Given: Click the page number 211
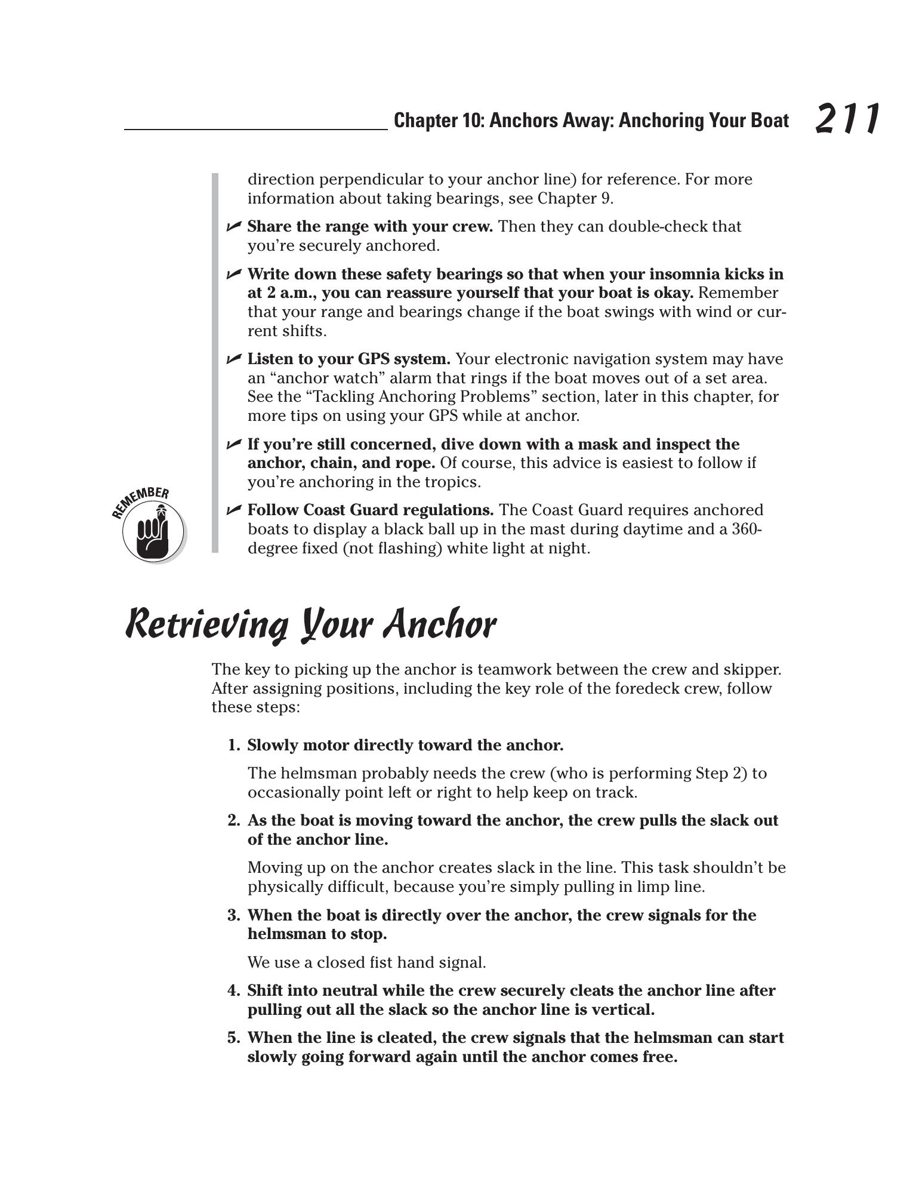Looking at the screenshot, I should point(846,119).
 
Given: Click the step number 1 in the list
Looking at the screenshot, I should point(232,746).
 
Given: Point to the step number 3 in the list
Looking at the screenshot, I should point(232,915).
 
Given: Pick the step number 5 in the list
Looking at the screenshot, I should point(232,1038).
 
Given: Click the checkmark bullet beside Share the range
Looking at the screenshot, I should point(233,226).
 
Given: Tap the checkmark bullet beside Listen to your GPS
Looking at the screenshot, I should point(233,359).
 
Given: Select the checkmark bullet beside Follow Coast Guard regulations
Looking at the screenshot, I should point(233,510).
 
